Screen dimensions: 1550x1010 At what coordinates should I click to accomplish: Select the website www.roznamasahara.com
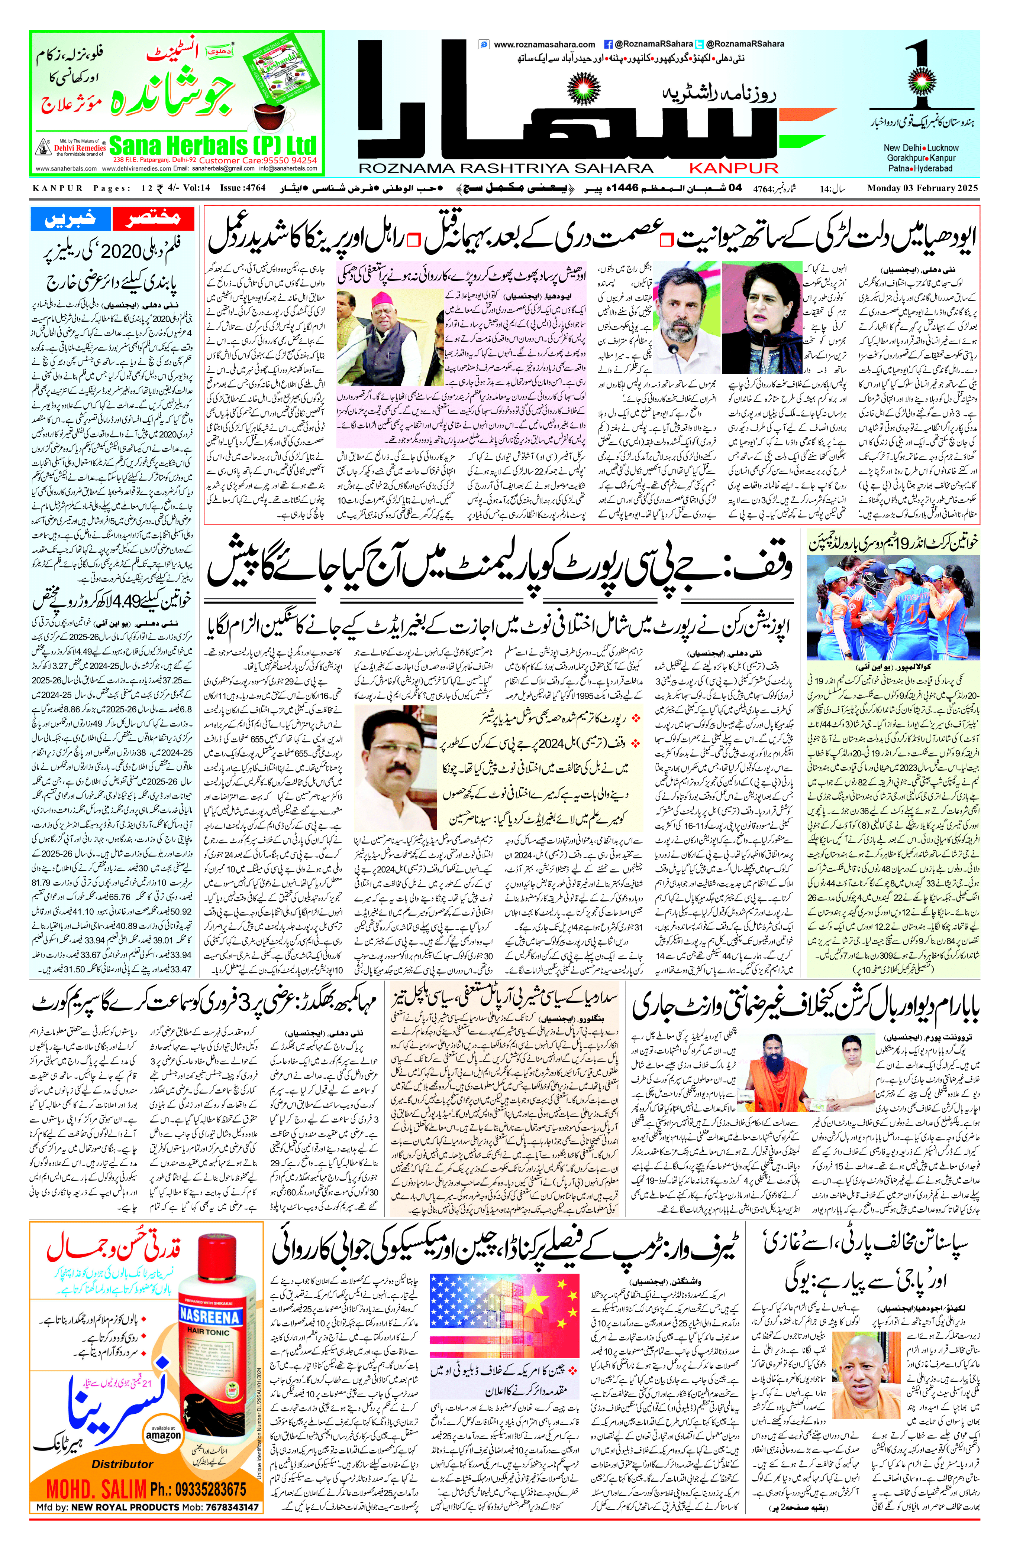544,44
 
